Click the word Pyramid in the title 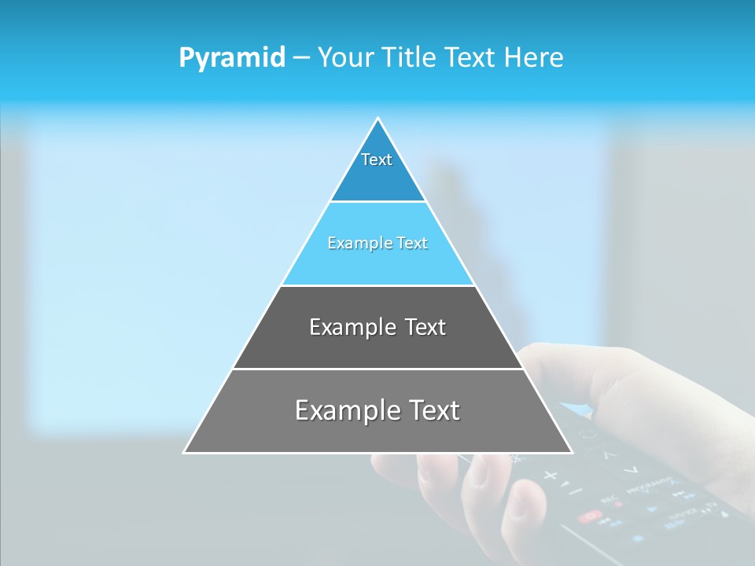tap(231, 58)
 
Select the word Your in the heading tap(344, 57)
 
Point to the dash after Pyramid tap(301, 58)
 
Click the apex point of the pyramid tap(378, 118)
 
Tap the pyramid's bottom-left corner tap(185, 452)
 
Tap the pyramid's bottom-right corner tap(572, 452)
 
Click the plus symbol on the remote tap(550, 475)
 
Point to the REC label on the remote tap(608, 498)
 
